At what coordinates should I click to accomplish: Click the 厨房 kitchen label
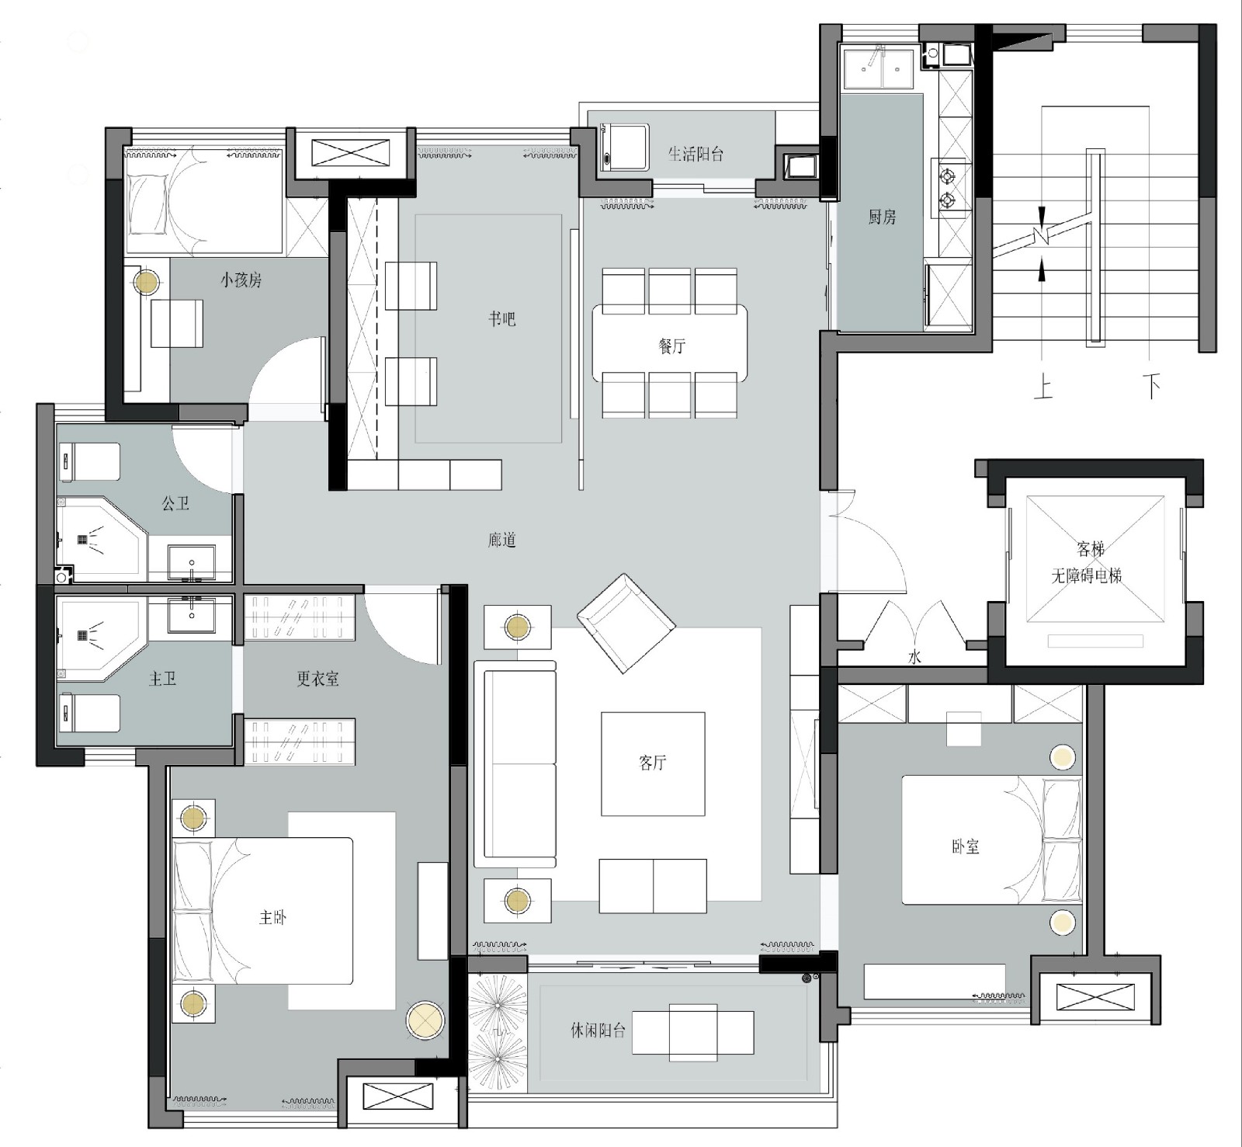[x=882, y=217]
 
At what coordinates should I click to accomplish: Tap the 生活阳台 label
[x=696, y=154]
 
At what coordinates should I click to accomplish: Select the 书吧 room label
[x=501, y=319]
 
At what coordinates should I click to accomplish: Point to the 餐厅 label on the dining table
[x=672, y=346]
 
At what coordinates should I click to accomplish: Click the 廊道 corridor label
[x=502, y=540]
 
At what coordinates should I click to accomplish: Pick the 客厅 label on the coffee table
[x=653, y=763]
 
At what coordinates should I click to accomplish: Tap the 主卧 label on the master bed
[x=272, y=917]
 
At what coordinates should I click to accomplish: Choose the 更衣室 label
[x=317, y=679]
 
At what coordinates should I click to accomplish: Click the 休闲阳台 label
[x=598, y=1031]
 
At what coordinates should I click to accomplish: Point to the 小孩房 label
[x=241, y=280]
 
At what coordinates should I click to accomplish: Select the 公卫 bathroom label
[x=175, y=503]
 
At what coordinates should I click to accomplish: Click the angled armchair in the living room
[x=626, y=623]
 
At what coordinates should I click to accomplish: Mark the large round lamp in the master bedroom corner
[x=425, y=1022]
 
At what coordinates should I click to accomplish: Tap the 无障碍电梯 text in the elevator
[x=1087, y=575]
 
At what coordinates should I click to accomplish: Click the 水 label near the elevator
[x=915, y=657]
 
